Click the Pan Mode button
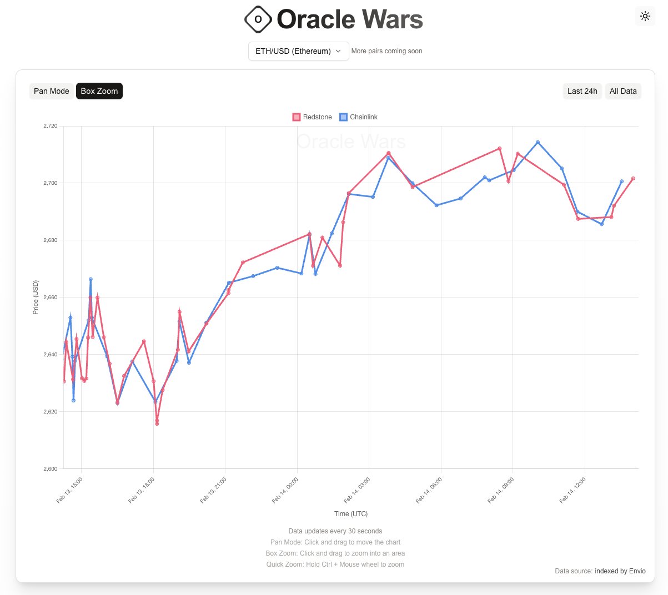click(52, 91)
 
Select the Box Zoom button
click(99, 91)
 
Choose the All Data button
click(623, 91)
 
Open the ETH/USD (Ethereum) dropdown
click(298, 51)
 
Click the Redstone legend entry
click(312, 117)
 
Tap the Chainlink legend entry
click(359, 117)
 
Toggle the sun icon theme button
click(645, 16)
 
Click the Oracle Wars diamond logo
click(258, 19)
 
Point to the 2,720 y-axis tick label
click(50, 126)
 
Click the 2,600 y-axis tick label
click(50, 469)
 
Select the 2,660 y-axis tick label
click(50, 297)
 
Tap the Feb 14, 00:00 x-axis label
click(285, 490)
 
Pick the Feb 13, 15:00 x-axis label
click(70, 490)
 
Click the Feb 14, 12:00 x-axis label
click(573, 490)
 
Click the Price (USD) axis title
click(36, 297)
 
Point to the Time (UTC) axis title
click(351, 514)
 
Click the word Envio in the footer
click(637, 571)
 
